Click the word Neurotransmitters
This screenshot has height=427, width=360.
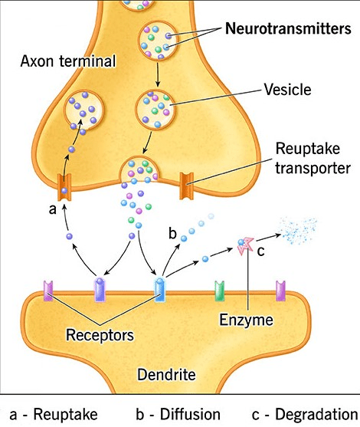pyautogui.click(x=288, y=28)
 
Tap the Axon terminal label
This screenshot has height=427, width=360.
pyautogui.click(x=68, y=61)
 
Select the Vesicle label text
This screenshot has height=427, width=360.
pyautogui.click(x=288, y=90)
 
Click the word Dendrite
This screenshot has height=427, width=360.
pyautogui.click(x=166, y=374)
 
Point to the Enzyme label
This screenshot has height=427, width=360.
pyautogui.click(x=246, y=320)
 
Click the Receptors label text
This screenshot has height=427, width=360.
pyautogui.click(x=100, y=335)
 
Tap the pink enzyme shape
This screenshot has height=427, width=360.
pyautogui.click(x=246, y=245)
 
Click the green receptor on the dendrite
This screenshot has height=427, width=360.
pyautogui.click(x=219, y=291)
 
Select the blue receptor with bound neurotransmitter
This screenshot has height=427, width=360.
pyautogui.click(x=160, y=289)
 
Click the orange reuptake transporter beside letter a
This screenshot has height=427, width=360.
pyautogui.click(x=64, y=187)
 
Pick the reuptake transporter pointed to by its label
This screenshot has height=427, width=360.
pyautogui.click(x=187, y=186)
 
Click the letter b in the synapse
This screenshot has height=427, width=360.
pyautogui.click(x=173, y=233)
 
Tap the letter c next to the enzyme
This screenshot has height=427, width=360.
pyautogui.click(x=260, y=251)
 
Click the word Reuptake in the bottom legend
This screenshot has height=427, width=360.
pyautogui.click(x=65, y=415)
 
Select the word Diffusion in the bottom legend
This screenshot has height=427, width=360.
pyautogui.click(x=190, y=414)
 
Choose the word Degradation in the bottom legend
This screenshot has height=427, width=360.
pyautogui.click(x=316, y=415)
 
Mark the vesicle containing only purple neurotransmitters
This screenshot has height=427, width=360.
pyautogui.click(x=83, y=110)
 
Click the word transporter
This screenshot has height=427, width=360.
pyautogui.click(x=313, y=168)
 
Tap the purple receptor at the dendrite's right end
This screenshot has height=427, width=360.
pyautogui.click(x=280, y=291)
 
